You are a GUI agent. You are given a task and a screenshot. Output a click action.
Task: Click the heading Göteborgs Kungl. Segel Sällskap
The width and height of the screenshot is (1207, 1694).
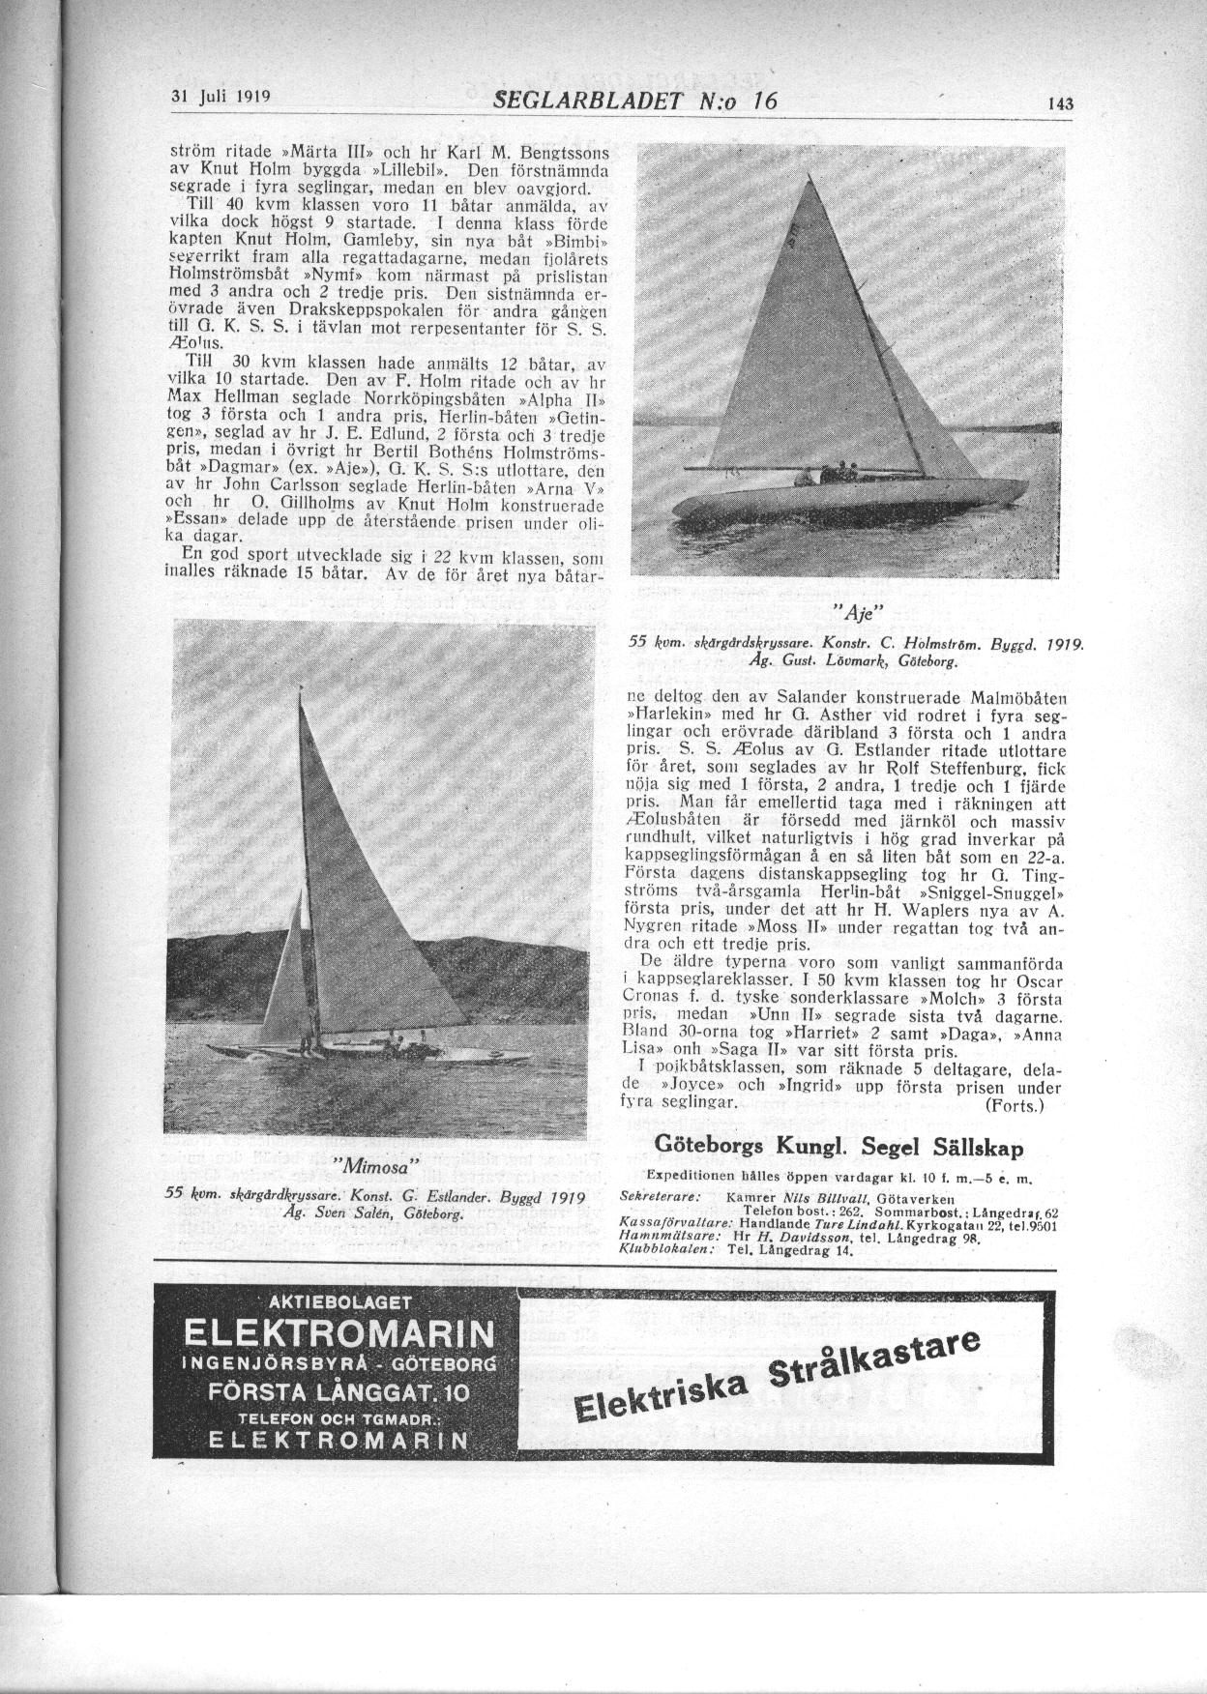[x=839, y=1146]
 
